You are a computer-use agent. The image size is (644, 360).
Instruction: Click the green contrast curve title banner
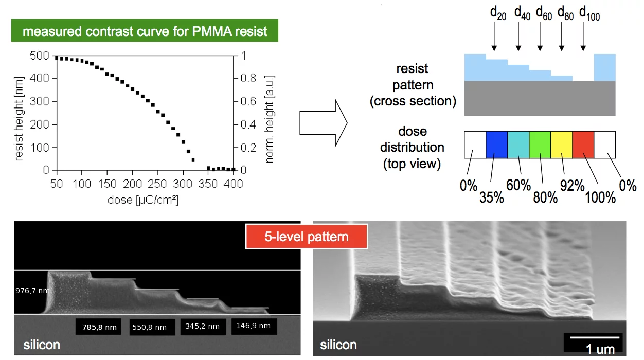coord(145,31)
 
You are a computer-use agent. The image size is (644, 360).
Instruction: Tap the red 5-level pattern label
coord(307,237)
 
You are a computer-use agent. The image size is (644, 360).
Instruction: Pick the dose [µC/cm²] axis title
coord(143,200)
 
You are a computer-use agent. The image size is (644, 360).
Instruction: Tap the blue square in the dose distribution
coord(497,145)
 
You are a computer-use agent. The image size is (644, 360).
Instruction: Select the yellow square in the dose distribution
coord(562,145)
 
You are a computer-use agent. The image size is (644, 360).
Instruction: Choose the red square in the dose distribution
coord(583,145)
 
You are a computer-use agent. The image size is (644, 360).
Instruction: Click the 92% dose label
coord(569,186)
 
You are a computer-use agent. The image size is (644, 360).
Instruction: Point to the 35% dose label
coord(492,197)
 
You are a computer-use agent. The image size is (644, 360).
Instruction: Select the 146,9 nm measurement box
coord(254,326)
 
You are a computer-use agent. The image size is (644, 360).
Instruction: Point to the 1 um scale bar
coord(593,338)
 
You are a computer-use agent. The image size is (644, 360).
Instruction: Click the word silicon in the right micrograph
coord(338,344)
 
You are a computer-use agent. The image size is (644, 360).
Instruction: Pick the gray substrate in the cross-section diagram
coord(540,98)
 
